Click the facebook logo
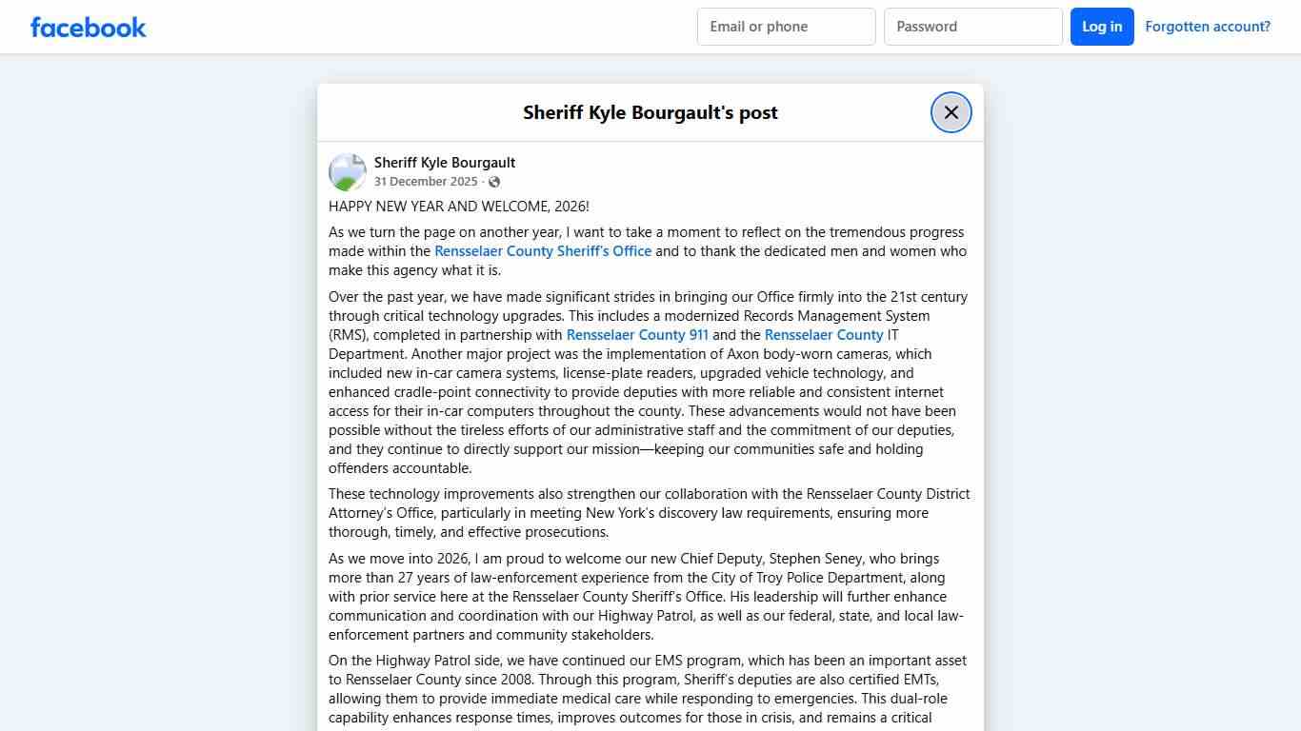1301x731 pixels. pyautogui.click(x=89, y=27)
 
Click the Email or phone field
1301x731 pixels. pyautogui.click(x=786, y=27)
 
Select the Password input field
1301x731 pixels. pyautogui.click(x=972, y=27)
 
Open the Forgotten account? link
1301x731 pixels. pyautogui.click(x=1207, y=27)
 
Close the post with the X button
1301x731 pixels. pyautogui.click(x=951, y=112)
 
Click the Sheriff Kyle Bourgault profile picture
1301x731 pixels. pyautogui.click(x=348, y=172)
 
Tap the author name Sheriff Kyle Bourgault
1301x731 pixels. pyautogui.click(x=445, y=163)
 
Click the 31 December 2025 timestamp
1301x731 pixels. pyautogui.click(x=426, y=182)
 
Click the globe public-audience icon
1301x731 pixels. pyautogui.click(x=494, y=182)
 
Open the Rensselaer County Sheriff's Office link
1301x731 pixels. pyautogui.click(x=543, y=251)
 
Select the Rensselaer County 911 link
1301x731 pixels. pyautogui.click(x=637, y=335)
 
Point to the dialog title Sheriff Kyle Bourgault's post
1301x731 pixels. pyautogui.click(x=650, y=112)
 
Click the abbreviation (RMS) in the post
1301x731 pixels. pyautogui.click(x=348, y=335)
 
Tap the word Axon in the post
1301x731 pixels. pyautogui.click(x=756, y=354)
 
